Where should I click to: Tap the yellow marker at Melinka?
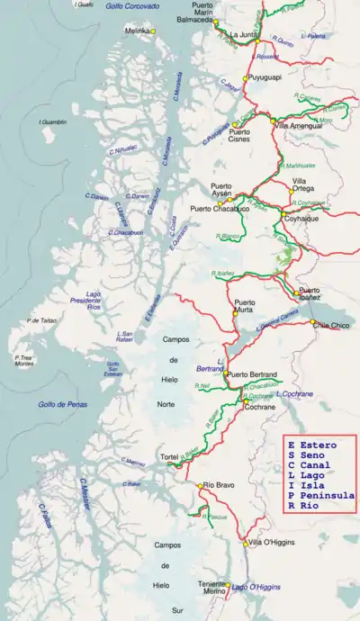[154, 31]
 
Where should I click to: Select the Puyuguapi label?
[264, 78]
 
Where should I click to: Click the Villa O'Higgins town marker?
[245, 543]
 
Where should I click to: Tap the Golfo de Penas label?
[62, 405]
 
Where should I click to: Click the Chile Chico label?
[330, 325]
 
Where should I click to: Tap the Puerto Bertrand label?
[252, 373]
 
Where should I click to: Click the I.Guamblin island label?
[53, 121]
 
